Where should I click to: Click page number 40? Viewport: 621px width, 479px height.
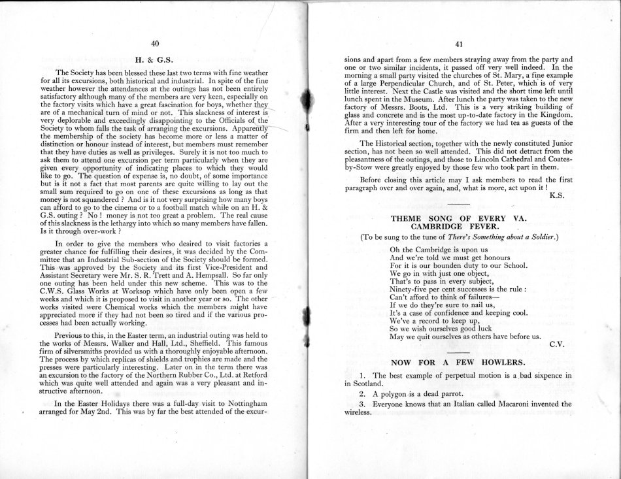[155, 43]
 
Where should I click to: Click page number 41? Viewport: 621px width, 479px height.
[459, 44]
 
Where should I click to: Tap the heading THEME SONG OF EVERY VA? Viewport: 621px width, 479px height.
[458, 217]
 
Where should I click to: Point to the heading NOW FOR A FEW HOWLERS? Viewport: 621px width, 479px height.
[458, 361]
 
